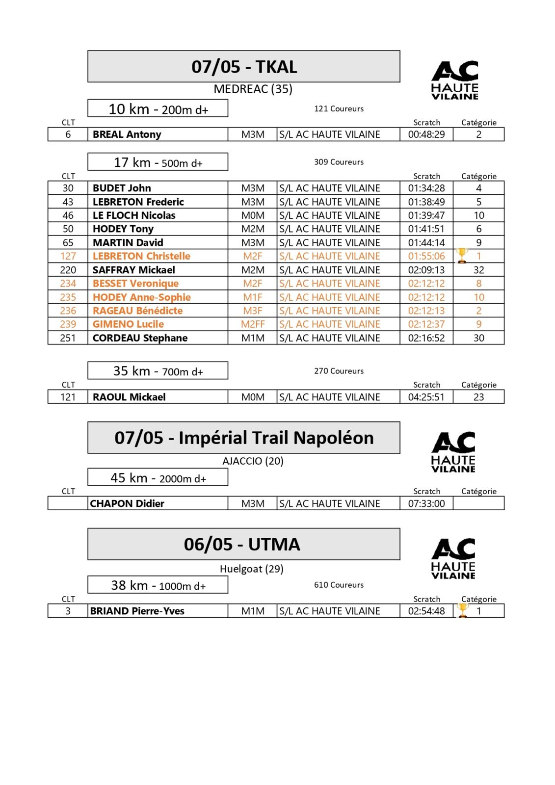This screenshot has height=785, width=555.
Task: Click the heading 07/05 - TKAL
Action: [x=244, y=67]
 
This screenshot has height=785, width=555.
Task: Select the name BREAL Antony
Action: [x=127, y=134]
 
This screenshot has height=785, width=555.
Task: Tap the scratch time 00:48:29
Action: [x=426, y=134]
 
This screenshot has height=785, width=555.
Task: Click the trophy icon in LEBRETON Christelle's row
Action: [x=462, y=256]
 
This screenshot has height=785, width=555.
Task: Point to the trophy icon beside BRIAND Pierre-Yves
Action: [x=462, y=610]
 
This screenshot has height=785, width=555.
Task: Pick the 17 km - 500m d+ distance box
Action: [x=158, y=162]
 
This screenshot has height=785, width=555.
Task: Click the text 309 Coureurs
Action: [x=339, y=162]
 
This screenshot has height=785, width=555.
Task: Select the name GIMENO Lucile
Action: [x=128, y=324]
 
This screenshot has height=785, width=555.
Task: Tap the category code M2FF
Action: [x=253, y=324]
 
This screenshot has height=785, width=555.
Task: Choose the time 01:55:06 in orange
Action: [x=426, y=256]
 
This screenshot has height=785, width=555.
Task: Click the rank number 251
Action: [x=68, y=338]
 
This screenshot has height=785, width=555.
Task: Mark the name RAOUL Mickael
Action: [x=129, y=397]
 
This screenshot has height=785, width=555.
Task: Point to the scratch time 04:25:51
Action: [x=426, y=397]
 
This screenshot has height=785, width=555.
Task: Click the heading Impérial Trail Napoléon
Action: [x=244, y=438]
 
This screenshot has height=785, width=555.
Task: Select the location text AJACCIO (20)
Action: [x=253, y=461]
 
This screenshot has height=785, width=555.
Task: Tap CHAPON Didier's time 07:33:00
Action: [x=426, y=503]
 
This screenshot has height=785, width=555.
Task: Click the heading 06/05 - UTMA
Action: [x=242, y=544]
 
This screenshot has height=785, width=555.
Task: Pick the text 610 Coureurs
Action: [x=339, y=585]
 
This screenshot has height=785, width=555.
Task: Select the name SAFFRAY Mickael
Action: [x=133, y=270]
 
